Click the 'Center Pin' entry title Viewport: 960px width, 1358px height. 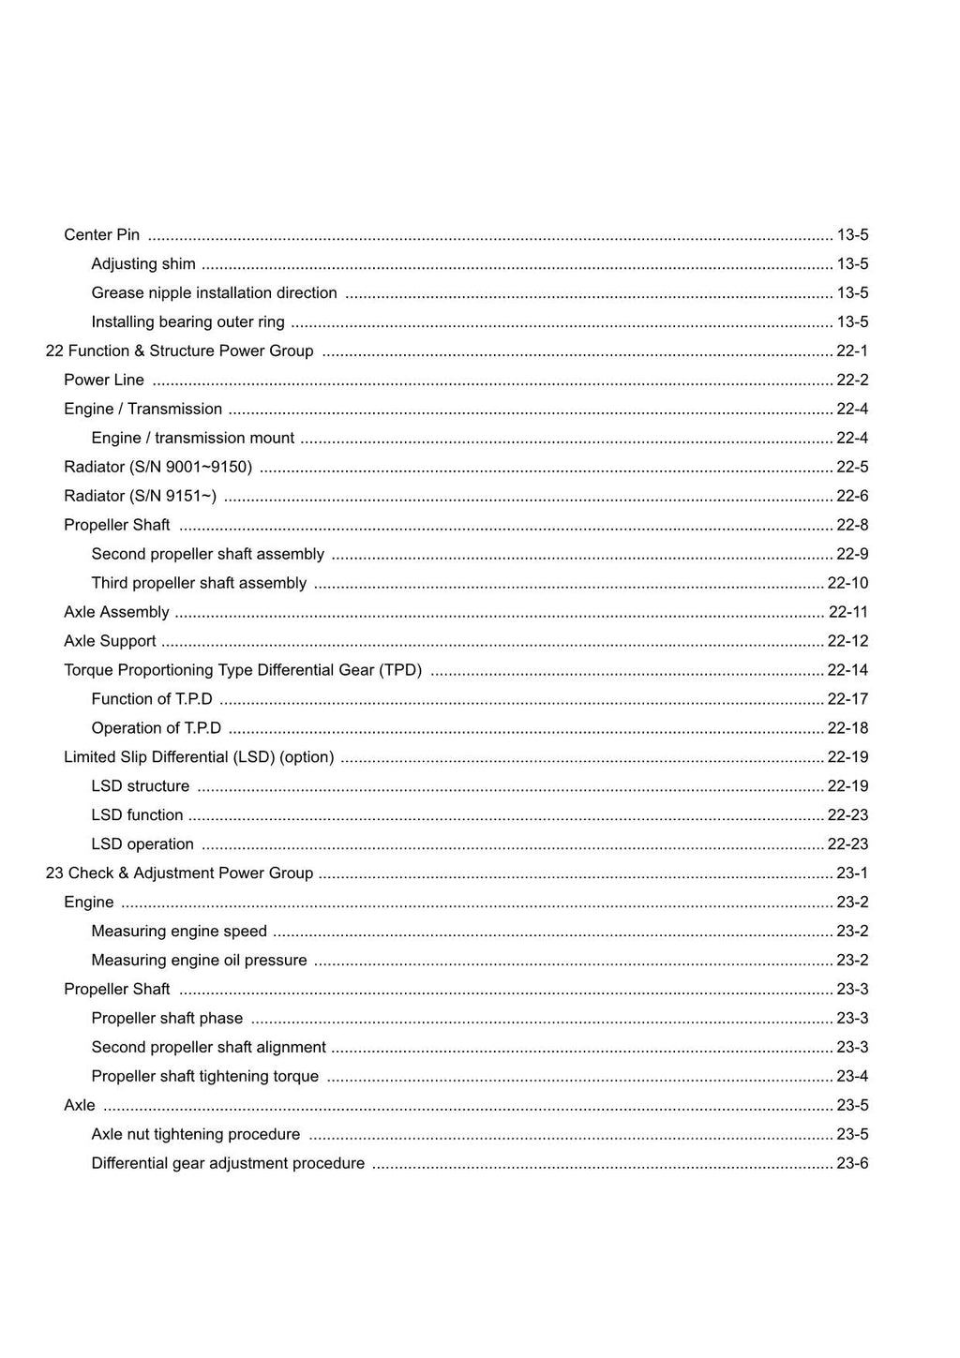coord(101,235)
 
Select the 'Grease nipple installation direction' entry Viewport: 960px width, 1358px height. coord(214,293)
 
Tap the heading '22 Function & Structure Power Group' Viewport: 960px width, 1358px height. coord(179,351)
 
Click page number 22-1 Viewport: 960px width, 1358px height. coord(851,351)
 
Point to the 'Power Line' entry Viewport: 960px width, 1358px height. coord(104,381)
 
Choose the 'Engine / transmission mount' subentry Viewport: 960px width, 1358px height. coord(192,439)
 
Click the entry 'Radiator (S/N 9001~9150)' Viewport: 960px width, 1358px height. coord(157,468)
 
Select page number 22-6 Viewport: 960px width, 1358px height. coord(851,497)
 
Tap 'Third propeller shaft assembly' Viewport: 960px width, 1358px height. coord(199,583)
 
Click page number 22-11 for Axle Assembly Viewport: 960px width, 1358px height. coord(847,612)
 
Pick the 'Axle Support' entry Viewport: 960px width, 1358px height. coord(110,641)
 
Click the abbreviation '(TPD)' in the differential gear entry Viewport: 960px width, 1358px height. coord(400,670)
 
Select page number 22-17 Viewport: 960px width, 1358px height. coord(847,699)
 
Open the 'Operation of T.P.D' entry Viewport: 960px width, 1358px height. coord(156,728)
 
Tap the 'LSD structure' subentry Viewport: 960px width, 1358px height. coord(140,786)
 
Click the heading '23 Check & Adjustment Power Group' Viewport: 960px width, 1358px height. coord(179,873)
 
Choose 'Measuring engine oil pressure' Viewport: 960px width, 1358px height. coord(199,961)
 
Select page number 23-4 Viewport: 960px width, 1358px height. coord(851,1077)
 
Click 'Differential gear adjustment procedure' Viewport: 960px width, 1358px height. coord(228,1164)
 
